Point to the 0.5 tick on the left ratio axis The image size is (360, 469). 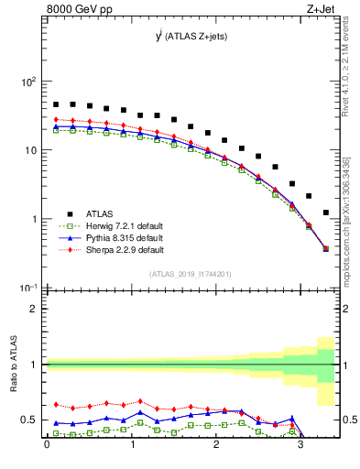click(33, 420)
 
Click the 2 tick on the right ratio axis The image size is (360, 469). click(348, 309)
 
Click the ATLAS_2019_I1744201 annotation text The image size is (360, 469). click(191, 274)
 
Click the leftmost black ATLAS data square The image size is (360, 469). click(56, 104)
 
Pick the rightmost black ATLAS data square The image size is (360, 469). click(326, 213)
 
